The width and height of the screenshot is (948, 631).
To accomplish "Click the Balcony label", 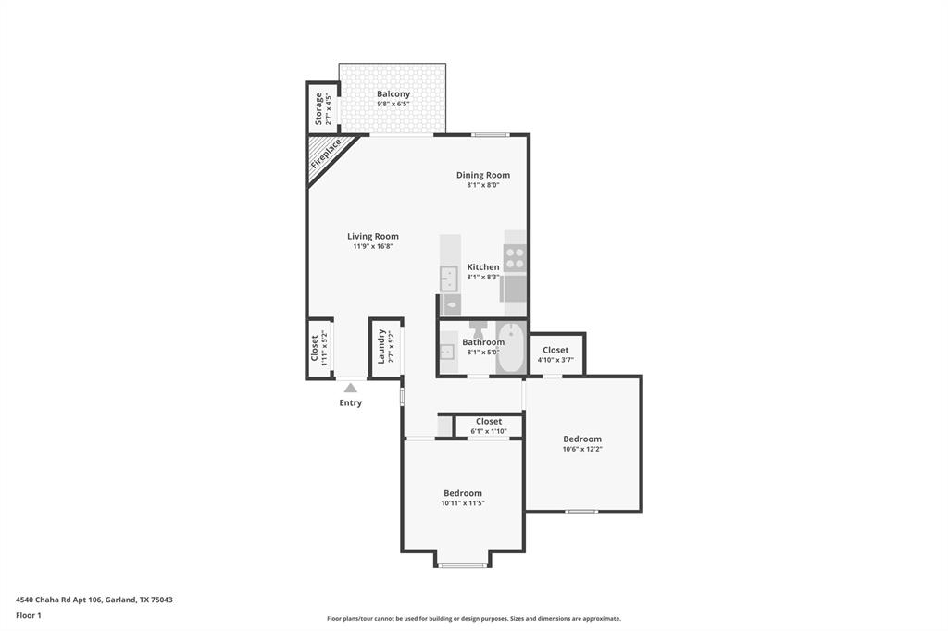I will click(393, 94).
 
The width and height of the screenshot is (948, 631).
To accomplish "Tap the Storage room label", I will click(318, 108).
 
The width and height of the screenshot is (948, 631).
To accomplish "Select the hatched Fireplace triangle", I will click(323, 154).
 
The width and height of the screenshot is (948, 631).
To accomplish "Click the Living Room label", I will click(373, 236).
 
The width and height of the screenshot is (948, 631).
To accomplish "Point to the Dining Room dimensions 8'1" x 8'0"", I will click(482, 185).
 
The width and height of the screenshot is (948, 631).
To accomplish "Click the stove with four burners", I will click(515, 258).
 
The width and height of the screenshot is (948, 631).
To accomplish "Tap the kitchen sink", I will click(448, 277).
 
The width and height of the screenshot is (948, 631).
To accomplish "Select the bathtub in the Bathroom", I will click(510, 349).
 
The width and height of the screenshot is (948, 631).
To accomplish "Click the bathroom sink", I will click(447, 350).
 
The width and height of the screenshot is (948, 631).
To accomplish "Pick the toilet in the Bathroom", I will click(479, 328).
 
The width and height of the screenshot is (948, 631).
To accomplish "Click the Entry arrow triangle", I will click(350, 389).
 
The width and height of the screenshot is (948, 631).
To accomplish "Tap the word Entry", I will click(351, 402).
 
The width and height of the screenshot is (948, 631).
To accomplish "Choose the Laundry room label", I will click(381, 347).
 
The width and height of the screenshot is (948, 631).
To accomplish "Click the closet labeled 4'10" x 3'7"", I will click(555, 354).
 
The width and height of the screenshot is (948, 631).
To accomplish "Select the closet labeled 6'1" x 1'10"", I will click(489, 426).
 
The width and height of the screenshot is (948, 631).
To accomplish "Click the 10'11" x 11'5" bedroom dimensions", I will click(463, 503).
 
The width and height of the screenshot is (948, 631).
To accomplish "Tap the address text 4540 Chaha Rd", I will click(93, 600).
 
